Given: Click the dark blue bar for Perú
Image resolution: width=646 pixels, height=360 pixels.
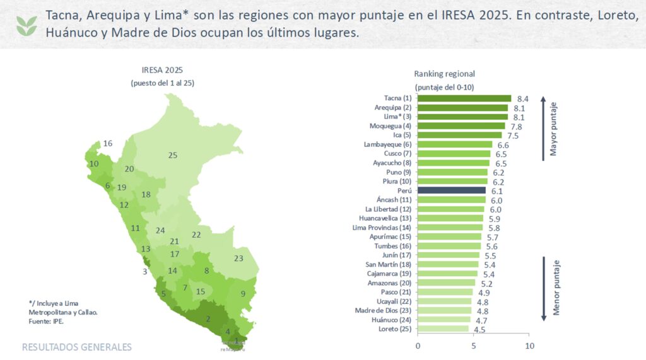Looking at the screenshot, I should pos(452,190).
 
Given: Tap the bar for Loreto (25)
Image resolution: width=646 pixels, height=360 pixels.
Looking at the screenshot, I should pos(443,329).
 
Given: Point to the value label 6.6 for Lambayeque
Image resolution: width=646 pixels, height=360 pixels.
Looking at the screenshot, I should pos(503,144).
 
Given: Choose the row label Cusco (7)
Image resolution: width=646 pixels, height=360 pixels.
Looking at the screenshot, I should pos(397,154).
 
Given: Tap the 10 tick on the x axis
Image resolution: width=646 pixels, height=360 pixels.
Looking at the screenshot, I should pos(530,346).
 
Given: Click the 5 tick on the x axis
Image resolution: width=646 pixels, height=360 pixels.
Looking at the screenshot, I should pos(474,346).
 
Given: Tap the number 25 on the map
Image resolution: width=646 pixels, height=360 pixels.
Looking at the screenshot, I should pos(172,155).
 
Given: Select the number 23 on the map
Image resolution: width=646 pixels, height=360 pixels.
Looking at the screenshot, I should pos(238,258).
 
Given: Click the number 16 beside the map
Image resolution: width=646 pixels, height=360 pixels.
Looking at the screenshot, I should pos(108,144).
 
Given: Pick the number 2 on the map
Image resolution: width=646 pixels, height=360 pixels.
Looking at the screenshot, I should pos(208,318).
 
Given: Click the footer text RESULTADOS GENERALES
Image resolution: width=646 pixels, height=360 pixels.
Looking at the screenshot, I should pos(77,347).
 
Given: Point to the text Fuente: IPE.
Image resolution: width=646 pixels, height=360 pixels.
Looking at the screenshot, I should pos(47,322).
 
